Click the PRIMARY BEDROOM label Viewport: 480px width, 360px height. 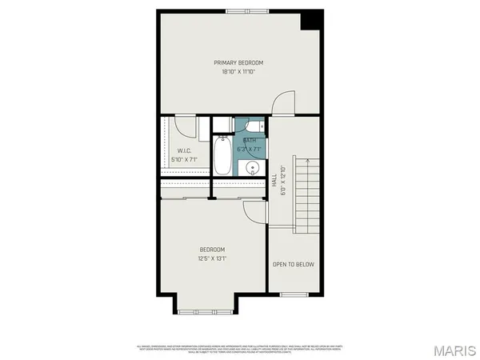[x=238, y=62]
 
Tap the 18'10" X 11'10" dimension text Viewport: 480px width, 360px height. [x=238, y=72]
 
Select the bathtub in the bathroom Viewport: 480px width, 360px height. [x=222, y=154]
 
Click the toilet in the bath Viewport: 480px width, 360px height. [x=253, y=127]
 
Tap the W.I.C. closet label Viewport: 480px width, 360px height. [x=182, y=150]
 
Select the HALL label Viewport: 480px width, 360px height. [x=274, y=183]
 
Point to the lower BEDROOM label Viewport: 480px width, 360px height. [x=212, y=249]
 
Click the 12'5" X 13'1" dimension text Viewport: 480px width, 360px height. [x=212, y=258]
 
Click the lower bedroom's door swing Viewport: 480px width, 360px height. [x=254, y=212]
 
